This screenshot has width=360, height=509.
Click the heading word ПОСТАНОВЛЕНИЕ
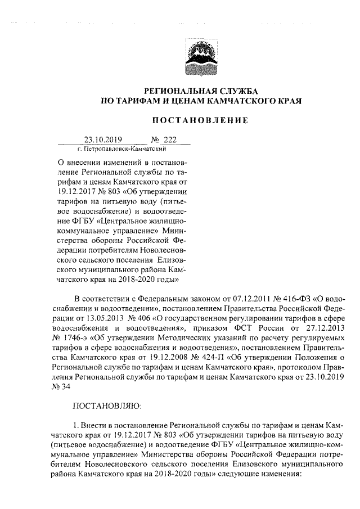pos(201,120)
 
